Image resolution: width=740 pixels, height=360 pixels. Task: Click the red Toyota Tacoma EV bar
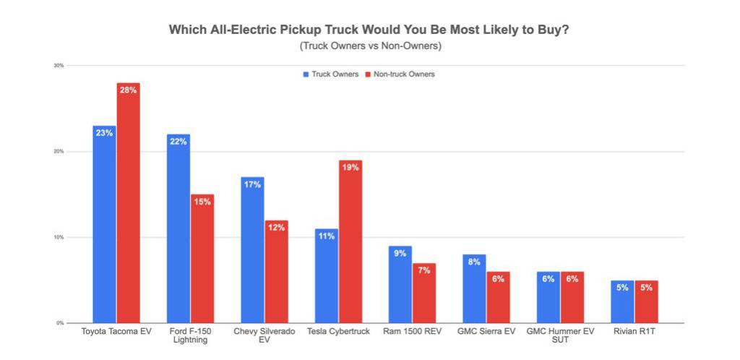128,202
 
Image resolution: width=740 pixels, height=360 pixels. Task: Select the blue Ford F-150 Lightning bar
178,228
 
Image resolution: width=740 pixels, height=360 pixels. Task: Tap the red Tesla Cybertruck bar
350,241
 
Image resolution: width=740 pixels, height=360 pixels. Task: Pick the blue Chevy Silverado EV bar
252,249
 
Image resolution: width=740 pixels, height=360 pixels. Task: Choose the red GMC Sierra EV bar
498,297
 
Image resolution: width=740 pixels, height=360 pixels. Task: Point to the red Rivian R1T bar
646,301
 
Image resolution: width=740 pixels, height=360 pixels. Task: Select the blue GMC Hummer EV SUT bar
548,297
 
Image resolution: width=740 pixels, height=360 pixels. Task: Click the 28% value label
128,90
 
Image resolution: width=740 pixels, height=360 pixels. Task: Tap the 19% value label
350,167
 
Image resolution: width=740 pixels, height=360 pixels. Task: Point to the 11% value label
326,236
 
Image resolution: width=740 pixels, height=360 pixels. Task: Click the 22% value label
178,142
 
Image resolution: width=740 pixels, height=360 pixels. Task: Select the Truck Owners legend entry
330,74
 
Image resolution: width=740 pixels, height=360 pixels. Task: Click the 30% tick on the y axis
59,66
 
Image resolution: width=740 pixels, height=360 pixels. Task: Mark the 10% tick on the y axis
59,237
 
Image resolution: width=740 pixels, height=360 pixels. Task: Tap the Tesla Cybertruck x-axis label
337,331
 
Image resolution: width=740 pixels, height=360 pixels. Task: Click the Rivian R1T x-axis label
634,331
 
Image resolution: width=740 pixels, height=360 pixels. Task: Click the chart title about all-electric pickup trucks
369,30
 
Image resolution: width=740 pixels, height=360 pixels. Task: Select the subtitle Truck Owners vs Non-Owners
369,46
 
